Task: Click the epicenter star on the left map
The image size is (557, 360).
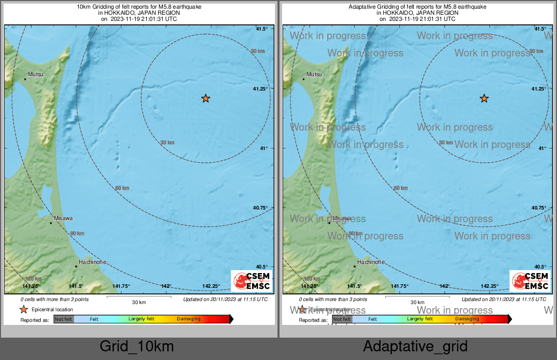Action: [205, 98]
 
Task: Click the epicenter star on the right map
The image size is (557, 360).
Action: [484, 98]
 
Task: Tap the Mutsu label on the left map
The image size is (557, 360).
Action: [36, 74]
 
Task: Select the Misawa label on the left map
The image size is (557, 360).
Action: [64, 218]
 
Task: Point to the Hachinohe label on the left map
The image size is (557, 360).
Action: [92, 262]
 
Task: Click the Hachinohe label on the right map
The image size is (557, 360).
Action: [371, 262]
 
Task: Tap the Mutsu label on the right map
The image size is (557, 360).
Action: [314, 74]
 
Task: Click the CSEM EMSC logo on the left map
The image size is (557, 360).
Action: [252, 281]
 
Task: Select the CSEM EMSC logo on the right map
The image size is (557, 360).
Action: [530, 281]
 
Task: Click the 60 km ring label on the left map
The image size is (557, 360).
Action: [122, 188]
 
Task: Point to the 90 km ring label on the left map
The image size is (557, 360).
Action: [77, 233]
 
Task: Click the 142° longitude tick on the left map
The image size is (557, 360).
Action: [166, 286]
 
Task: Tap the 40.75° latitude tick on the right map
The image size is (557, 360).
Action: [539, 207]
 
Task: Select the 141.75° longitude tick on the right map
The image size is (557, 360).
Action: [399, 286]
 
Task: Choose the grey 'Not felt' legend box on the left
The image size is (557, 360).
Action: [64, 319]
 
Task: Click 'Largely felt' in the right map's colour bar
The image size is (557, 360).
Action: [420, 319]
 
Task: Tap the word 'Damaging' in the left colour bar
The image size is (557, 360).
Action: [189, 319]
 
